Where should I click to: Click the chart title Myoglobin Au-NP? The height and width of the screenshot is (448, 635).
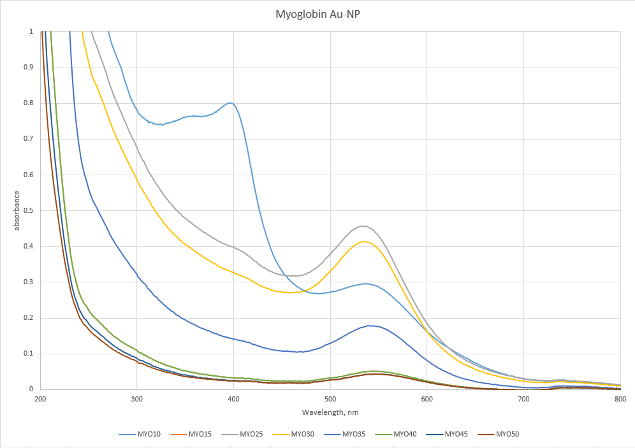(x=317, y=13)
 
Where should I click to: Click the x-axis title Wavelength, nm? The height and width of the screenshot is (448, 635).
(x=330, y=412)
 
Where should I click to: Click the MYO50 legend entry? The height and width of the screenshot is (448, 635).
(x=506, y=435)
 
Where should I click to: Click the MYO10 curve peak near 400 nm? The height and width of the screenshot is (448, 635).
(x=230, y=103)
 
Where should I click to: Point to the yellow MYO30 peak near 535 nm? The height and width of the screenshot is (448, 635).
(x=364, y=241)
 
